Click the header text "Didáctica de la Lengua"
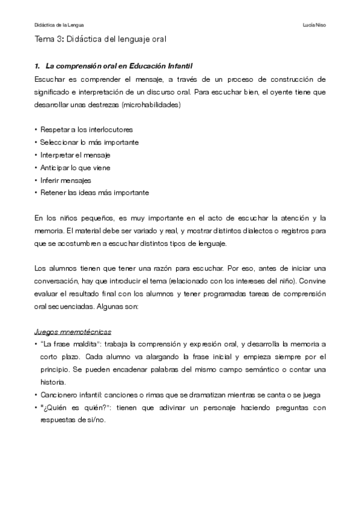[59, 25]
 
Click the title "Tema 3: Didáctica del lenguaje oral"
[100, 40]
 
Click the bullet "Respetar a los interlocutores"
[86, 129]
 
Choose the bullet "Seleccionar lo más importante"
[89, 142]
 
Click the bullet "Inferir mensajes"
[66, 180]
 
